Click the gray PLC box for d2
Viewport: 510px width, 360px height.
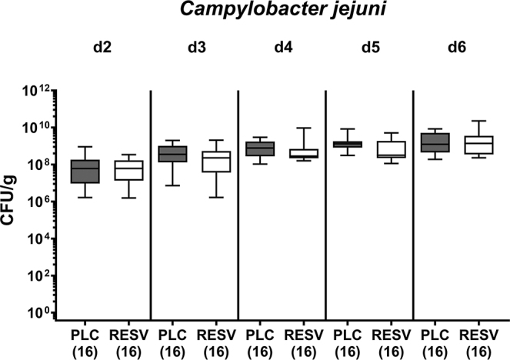[x=85, y=171]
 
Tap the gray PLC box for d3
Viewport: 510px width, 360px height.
[x=172, y=154]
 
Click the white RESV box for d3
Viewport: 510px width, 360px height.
[x=216, y=161]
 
